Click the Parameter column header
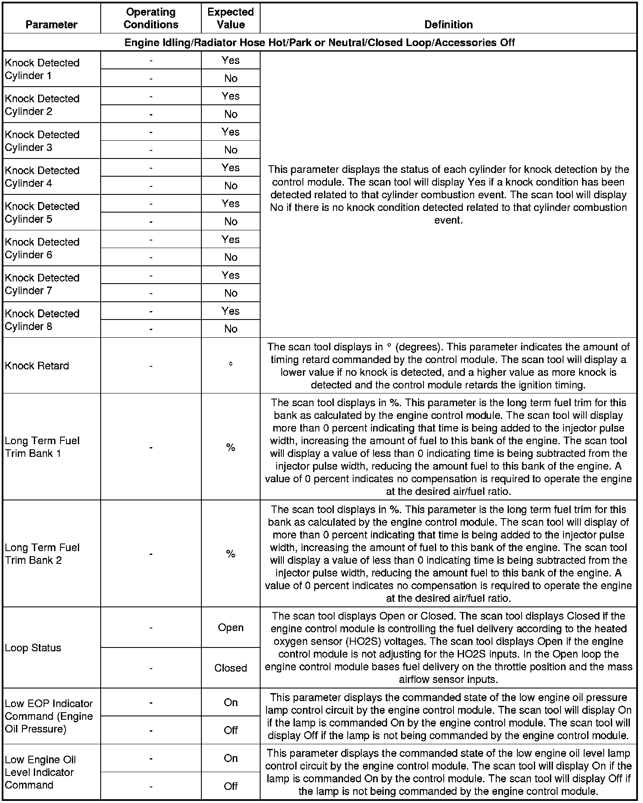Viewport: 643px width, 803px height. (51, 25)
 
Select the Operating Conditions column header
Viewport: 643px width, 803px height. (151, 18)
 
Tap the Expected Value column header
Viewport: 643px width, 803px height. (231, 18)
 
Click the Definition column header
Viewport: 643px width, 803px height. (448, 25)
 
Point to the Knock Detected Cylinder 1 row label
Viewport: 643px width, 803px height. (42, 69)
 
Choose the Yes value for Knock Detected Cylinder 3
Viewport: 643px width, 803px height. (231, 132)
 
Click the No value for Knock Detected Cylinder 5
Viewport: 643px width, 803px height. (231, 221)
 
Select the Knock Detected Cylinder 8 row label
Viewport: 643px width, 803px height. (42, 320)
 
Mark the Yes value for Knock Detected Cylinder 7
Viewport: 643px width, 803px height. (231, 275)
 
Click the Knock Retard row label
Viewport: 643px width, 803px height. (37, 366)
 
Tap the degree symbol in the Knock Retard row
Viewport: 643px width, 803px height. (231, 364)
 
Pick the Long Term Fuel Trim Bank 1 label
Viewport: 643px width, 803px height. (42, 447)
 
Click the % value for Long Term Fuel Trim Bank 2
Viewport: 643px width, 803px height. (231, 554)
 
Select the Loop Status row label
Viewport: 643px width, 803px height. (33, 648)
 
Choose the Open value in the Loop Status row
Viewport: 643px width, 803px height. (231, 628)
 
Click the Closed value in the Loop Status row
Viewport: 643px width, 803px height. (231, 668)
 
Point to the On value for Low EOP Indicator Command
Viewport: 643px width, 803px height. (231, 702)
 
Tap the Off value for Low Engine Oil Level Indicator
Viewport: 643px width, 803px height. (231, 786)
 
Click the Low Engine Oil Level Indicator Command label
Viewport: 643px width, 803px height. (40, 772)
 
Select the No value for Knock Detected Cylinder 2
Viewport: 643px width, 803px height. (231, 114)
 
